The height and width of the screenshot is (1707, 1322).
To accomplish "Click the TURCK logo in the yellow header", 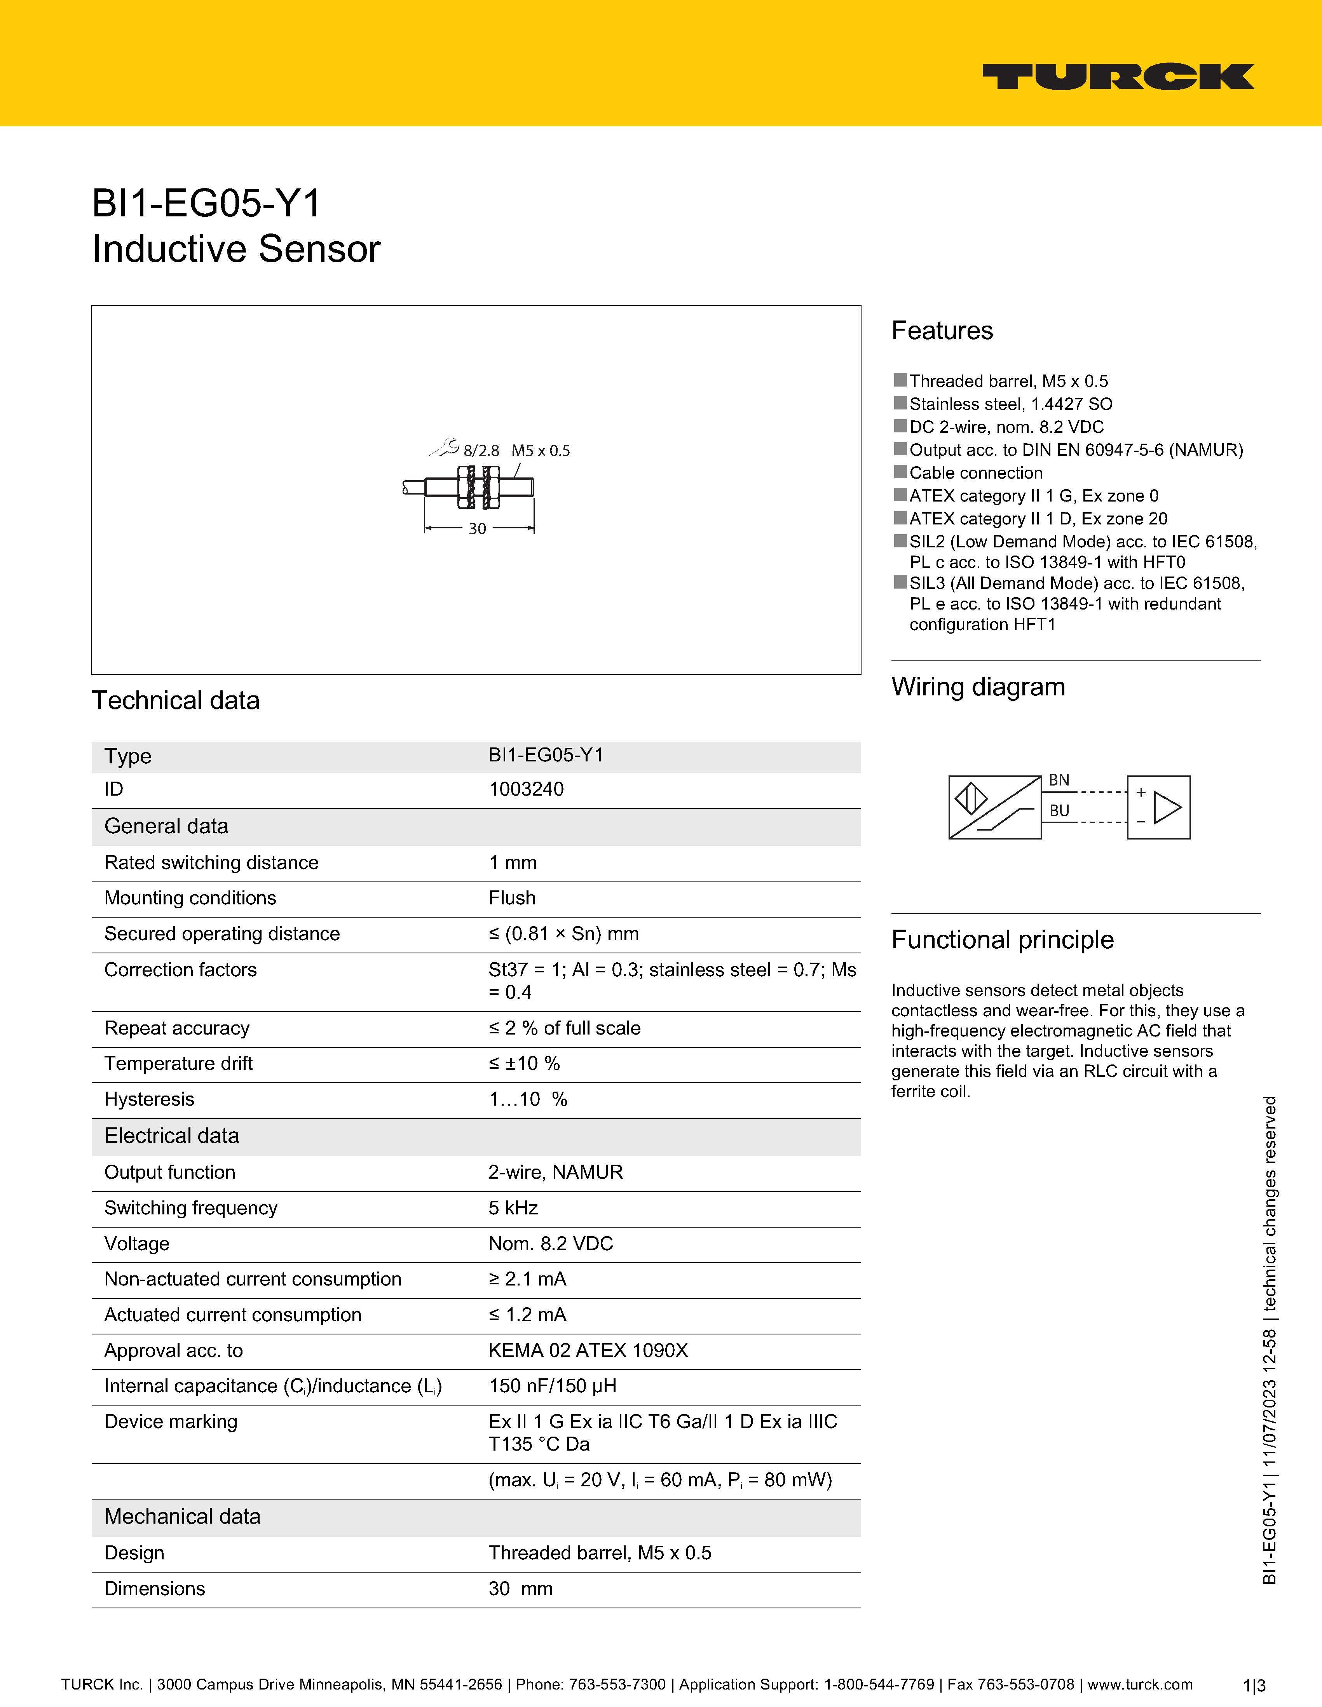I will [x=1118, y=77].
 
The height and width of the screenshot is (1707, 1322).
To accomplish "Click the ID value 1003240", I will [x=526, y=789].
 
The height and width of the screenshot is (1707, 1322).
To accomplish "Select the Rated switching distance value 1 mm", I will [x=513, y=863].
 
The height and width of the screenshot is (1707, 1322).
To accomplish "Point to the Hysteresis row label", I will [x=149, y=1100].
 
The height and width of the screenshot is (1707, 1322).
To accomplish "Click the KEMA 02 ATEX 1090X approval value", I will [x=588, y=1351].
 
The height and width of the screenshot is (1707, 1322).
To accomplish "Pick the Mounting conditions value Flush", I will [x=512, y=898].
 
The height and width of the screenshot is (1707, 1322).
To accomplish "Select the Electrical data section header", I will [x=172, y=1136].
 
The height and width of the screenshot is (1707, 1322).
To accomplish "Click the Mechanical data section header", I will [x=182, y=1516].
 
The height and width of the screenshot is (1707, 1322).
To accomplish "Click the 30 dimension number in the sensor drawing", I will [x=477, y=529].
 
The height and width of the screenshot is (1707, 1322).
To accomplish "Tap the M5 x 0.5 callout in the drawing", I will [x=541, y=451].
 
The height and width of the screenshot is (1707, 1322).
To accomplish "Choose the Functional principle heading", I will [x=1002, y=939].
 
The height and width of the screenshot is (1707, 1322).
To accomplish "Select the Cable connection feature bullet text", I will [x=976, y=473].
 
